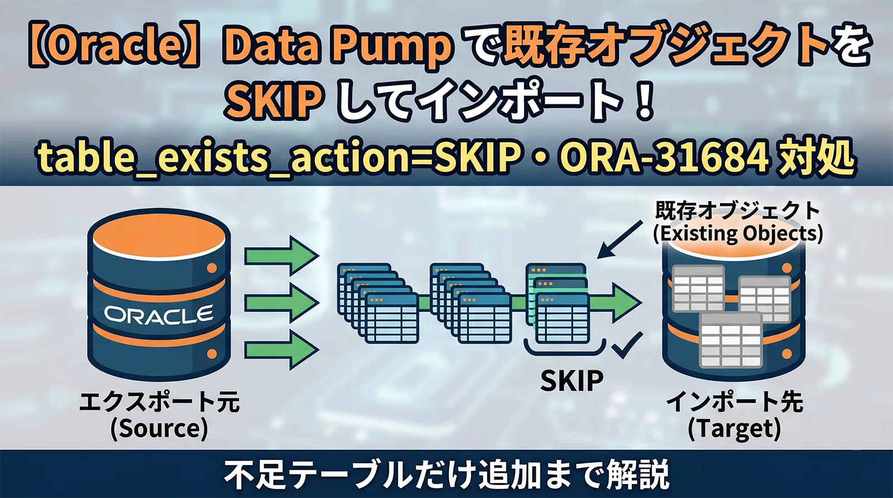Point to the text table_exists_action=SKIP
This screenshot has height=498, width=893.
pos(279,158)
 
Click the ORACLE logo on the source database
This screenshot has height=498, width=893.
pos(159,315)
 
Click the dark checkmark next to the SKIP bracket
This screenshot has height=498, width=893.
pos(627,346)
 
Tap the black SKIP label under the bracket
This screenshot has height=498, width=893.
pos(572,381)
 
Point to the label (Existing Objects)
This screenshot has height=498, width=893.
pos(738,233)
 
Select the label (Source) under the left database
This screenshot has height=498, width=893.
pos(159,428)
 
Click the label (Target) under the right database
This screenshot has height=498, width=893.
pos(734,428)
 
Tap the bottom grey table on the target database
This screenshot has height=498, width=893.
pos(731,340)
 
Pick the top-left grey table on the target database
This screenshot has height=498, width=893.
pos(698,289)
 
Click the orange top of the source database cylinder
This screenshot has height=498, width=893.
pos(159,234)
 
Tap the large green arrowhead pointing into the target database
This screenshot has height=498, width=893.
pos(625,303)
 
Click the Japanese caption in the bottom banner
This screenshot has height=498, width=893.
pos(446,474)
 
